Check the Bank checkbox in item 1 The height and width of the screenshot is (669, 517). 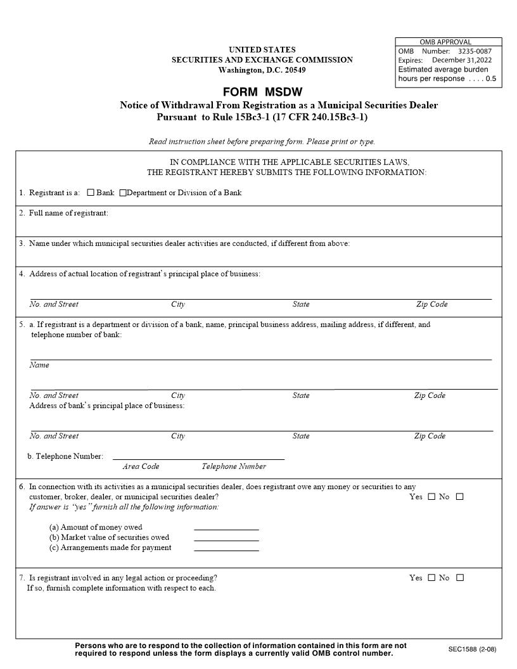(x=91, y=193)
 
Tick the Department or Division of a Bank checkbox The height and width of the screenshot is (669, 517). (x=123, y=193)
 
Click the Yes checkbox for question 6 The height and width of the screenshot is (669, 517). (x=431, y=497)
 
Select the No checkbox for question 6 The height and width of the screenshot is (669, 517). (x=459, y=497)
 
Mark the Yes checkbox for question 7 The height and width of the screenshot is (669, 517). (x=431, y=578)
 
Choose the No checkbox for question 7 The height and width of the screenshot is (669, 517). (x=460, y=578)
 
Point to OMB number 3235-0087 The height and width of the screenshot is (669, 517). (x=475, y=51)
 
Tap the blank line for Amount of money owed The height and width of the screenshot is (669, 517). (x=226, y=528)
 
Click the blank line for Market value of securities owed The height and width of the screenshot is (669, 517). (x=226, y=538)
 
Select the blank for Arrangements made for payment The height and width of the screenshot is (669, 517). (x=226, y=549)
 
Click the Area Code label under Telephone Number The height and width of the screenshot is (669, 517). (x=141, y=466)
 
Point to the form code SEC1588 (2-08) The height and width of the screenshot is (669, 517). (x=472, y=649)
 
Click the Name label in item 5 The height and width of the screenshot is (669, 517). (x=39, y=365)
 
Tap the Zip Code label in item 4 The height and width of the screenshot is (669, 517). (x=431, y=304)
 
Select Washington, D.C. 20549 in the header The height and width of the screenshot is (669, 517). (x=262, y=70)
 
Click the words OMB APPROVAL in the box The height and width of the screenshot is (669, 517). (x=445, y=42)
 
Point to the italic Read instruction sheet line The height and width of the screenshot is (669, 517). (x=262, y=141)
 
